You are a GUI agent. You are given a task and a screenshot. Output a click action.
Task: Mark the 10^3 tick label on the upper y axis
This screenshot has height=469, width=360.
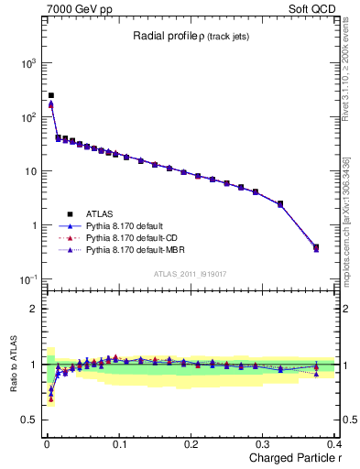click(28, 63)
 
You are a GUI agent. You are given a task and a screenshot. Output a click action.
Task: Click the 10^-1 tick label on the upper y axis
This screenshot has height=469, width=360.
click(28, 279)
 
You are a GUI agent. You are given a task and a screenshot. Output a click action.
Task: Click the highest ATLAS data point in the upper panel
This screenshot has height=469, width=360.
click(51, 95)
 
